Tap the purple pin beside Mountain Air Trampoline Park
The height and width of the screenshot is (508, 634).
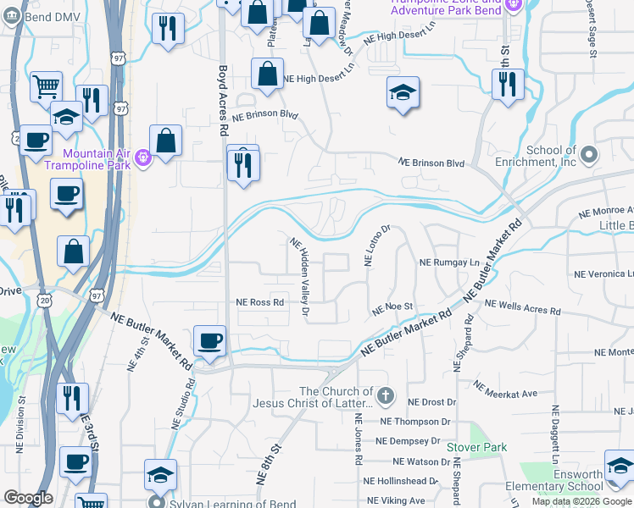click(x=143, y=155)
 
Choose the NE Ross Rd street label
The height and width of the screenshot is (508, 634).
click(x=259, y=302)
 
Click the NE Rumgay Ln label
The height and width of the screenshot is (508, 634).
click(x=449, y=262)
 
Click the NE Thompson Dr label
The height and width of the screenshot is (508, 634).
click(x=416, y=421)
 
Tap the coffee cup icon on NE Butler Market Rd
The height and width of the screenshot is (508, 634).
click(x=210, y=341)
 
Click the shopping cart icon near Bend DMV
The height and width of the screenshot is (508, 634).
click(x=47, y=86)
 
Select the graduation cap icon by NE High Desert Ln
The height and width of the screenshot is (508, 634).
click(x=403, y=92)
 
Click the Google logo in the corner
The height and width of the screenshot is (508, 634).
click(x=28, y=498)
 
